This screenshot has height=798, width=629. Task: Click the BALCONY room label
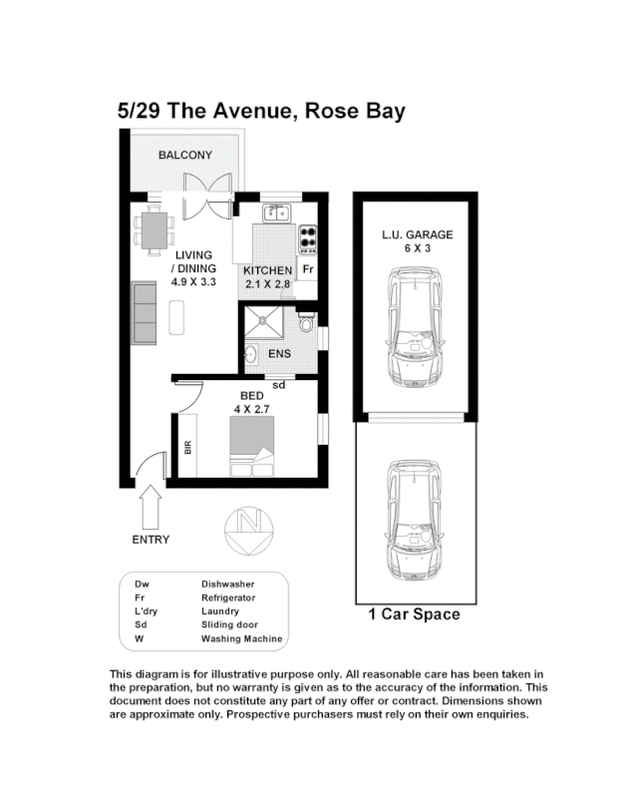(x=185, y=155)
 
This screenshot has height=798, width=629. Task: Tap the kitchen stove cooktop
(x=309, y=238)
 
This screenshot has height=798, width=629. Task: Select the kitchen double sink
(x=276, y=212)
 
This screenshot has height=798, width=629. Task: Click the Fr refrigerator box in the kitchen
(x=308, y=269)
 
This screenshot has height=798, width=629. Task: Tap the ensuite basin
(x=253, y=356)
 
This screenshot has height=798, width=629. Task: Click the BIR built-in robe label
(x=187, y=449)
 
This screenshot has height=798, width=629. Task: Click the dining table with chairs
(x=154, y=231)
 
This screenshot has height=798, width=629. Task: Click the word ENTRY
(x=151, y=540)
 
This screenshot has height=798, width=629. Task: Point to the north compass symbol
(x=244, y=530)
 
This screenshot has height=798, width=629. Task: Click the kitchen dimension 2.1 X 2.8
(x=267, y=284)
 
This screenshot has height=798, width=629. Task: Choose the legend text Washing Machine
(x=241, y=638)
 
